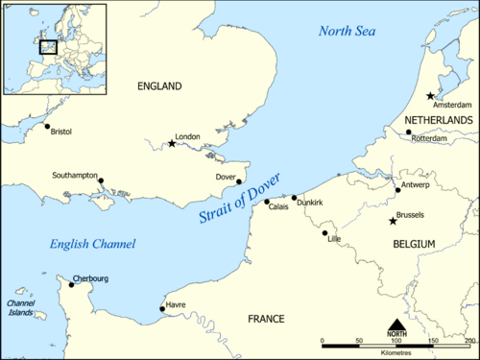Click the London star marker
[x=172, y=144]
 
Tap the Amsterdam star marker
[x=429, y=96]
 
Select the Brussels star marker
[x=392, y=222]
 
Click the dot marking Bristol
[x=46, y=126]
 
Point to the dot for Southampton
[x=101, y=180]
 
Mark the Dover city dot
[x=239, y=181]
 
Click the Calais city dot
[x=267, y=202]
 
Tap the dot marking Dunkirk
[x=295, y=198]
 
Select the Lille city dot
[x=324, y=232]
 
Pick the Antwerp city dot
[x=397, y=190]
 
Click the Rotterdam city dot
[x=408, y=132]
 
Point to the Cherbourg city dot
[x=70, y=283]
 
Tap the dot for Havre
[x=161, y=309]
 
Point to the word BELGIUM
[x=414, y=246]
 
